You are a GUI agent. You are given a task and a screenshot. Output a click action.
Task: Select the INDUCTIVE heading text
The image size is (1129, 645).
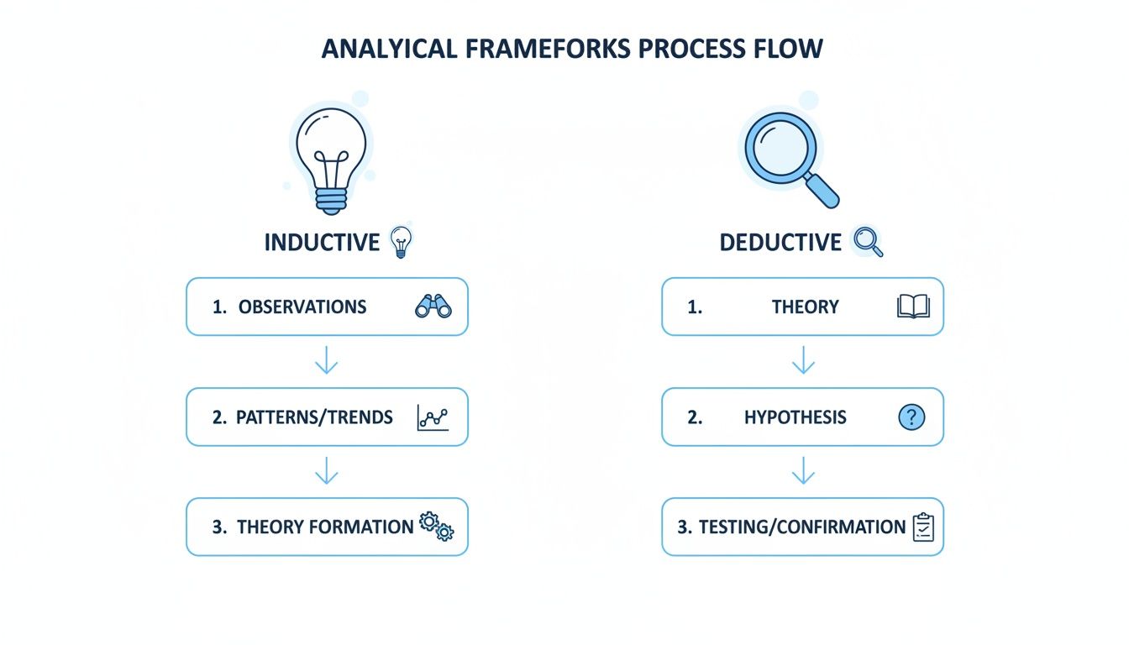coord(322,243)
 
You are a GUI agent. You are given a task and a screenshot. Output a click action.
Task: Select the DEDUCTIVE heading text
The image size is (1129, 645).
coord(780,243)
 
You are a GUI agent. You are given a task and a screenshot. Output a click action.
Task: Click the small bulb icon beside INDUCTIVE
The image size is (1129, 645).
coord(402,241)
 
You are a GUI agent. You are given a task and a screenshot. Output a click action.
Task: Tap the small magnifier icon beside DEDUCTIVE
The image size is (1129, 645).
coord(868,242)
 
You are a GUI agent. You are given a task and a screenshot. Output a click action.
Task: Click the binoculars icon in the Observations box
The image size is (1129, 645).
coord(433,307)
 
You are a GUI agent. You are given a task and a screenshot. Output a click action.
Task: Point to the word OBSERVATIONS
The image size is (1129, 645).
coord(302,307)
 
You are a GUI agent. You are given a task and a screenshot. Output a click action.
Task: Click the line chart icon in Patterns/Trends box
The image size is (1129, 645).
coord(433,417)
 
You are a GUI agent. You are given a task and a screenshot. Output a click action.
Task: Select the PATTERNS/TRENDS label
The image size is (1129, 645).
coord(314,417)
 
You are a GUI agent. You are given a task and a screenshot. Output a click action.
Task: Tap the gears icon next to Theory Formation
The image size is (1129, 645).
coord(436,527)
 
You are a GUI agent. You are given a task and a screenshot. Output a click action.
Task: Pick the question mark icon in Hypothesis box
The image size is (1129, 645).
coord(911,417)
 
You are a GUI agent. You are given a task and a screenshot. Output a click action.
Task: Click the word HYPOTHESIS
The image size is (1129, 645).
coord(795,417)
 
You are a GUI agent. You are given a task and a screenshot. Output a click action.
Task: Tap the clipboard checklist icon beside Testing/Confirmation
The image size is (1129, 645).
coord(923,527)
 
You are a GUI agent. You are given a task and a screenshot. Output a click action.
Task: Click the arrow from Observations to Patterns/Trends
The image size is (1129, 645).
coord(326,362)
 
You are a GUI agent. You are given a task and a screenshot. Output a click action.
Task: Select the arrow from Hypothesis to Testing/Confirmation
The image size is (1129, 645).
coord(803,471)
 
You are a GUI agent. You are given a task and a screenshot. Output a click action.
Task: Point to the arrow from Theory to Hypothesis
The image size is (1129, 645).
coord(803,362)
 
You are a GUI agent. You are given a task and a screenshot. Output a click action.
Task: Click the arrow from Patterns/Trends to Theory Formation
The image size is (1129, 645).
coord(326,471)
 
